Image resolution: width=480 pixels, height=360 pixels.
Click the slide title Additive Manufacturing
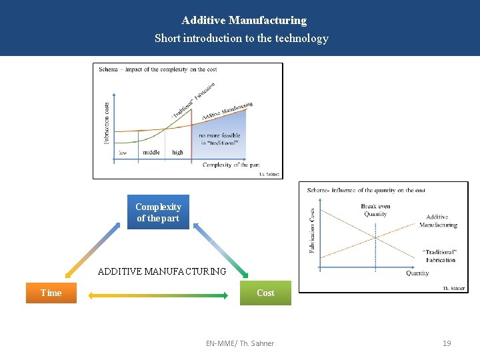[244, 21]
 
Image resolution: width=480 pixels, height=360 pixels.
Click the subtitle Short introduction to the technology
[241, 38]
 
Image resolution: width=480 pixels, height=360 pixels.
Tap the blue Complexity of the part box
[158, 212]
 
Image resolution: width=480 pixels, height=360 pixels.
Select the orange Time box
[51, 293]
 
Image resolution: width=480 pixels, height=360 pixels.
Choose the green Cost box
[265, 293]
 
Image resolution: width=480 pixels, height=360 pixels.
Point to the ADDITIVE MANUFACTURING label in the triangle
[162, 271]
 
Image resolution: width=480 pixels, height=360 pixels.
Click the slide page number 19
[447, 343]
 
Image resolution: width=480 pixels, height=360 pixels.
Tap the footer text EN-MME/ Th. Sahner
[240, 343]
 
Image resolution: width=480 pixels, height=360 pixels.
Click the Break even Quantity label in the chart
[375, 210]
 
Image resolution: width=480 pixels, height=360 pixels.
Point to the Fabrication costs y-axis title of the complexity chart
[107, 122]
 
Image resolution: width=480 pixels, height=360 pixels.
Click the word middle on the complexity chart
[151, 153]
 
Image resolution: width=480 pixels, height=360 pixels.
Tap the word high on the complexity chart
[177, 153]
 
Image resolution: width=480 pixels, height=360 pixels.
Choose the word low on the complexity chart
[123, 153]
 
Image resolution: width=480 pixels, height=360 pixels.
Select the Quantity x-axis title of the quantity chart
[417, 273]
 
